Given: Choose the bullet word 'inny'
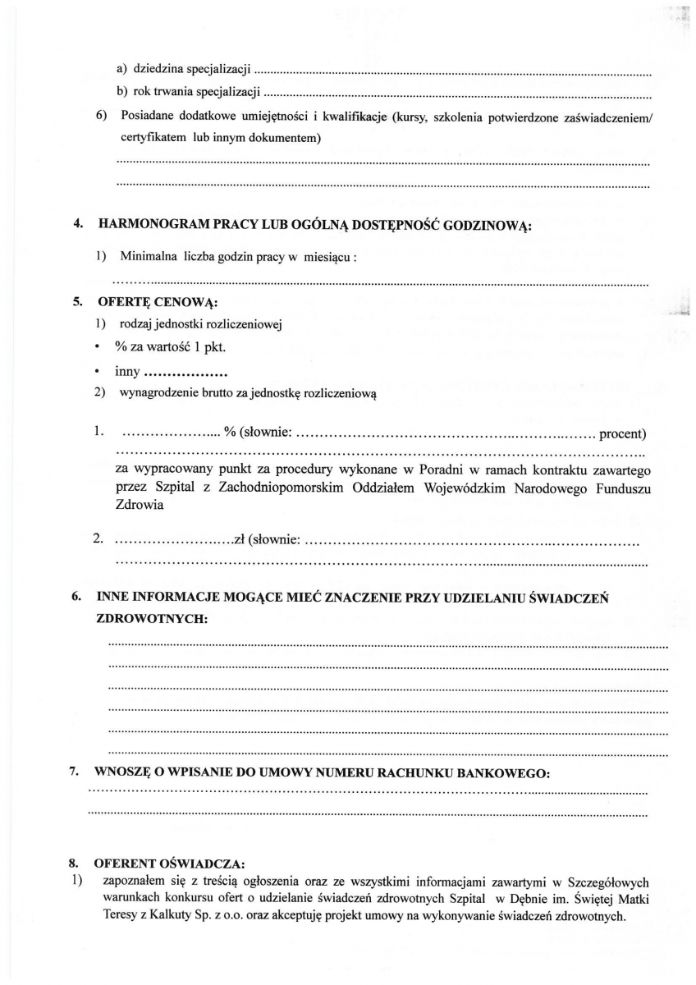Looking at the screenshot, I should point(128,371).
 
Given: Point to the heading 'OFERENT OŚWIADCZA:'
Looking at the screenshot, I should point(169,864).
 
